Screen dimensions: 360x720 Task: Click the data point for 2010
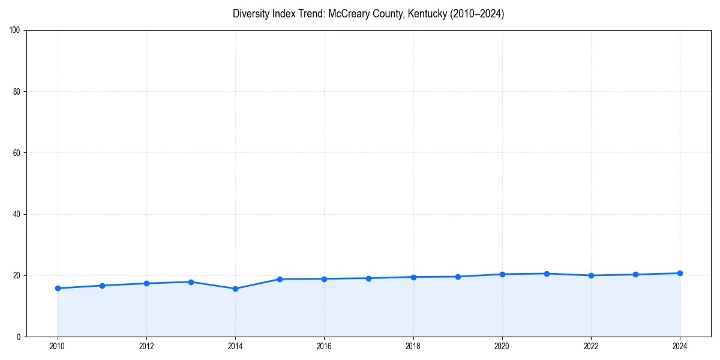point(58,288)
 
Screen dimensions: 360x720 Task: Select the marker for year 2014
point(235,289)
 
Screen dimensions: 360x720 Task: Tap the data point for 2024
point(680,273)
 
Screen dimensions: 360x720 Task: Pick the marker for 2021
point(547,274)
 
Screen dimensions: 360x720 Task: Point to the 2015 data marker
point(280,279)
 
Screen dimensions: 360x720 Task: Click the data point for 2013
point(191,282)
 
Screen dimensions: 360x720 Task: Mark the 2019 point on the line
point(458,277)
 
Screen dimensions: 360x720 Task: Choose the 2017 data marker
point(368,278)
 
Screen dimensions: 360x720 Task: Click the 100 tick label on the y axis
point(15,31)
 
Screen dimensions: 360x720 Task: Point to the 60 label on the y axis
point(17,153)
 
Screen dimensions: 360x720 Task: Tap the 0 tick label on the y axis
point(19,337)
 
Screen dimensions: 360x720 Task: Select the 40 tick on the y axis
point(17,214)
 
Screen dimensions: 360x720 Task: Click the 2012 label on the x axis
point(146,346)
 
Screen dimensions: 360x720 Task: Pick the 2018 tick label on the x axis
point(413,346)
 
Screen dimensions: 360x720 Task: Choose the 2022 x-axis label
point(591,346)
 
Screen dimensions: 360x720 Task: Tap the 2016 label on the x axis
point(324,346)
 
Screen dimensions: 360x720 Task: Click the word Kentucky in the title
point(427,14)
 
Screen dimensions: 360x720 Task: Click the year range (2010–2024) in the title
point(477,14)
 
